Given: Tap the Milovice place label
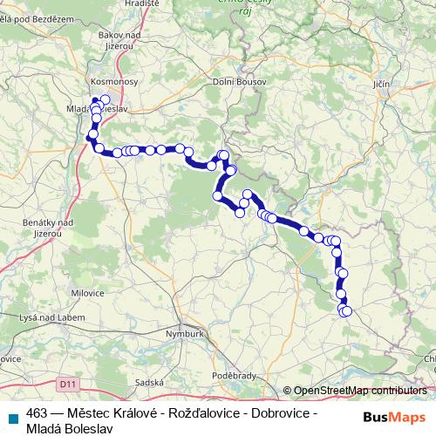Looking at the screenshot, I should coord(87,295).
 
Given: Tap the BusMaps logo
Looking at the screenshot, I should coord(391,415).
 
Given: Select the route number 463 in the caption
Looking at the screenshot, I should coord(37,412).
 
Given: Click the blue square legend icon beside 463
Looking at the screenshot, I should coord(12,413).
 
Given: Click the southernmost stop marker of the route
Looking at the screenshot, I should coord(347,311).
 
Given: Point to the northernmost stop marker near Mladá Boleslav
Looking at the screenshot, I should coord(106,99).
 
